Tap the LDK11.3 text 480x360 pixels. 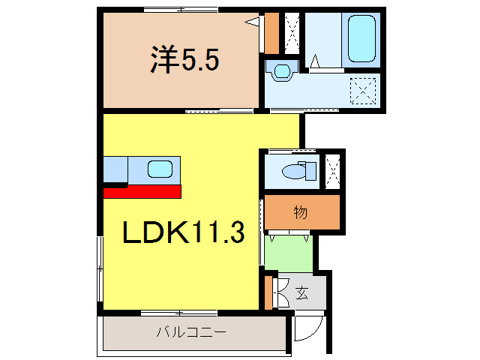click(184, 233)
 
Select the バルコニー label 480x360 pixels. click(191, 331)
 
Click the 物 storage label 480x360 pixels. click(300, 213)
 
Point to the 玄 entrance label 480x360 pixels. click(301, 292)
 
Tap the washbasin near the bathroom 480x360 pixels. click(283, 72)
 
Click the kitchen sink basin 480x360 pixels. click(160, 169)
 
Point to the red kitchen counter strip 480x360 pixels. click(142, 191)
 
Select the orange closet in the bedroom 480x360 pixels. click(271, 33)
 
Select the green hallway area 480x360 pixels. click(288, 253)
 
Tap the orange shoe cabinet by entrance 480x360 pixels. click(269, 292)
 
